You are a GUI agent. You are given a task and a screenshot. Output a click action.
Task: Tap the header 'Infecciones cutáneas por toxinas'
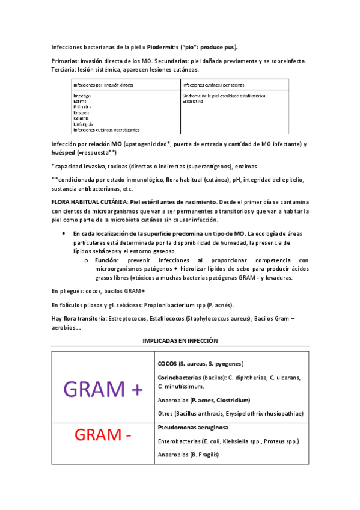tap(213, 85)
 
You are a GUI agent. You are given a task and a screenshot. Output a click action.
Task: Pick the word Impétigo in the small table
tap(82, 96)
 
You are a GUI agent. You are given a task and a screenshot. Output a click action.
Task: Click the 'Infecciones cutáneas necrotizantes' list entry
tap(106, 129)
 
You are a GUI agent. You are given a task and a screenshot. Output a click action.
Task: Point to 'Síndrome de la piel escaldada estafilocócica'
tap(224, 96)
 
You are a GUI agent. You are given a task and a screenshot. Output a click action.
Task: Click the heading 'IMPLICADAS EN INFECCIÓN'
tap(180, 340)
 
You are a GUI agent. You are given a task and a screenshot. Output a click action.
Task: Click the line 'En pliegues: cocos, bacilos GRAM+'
tap(97, 291)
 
